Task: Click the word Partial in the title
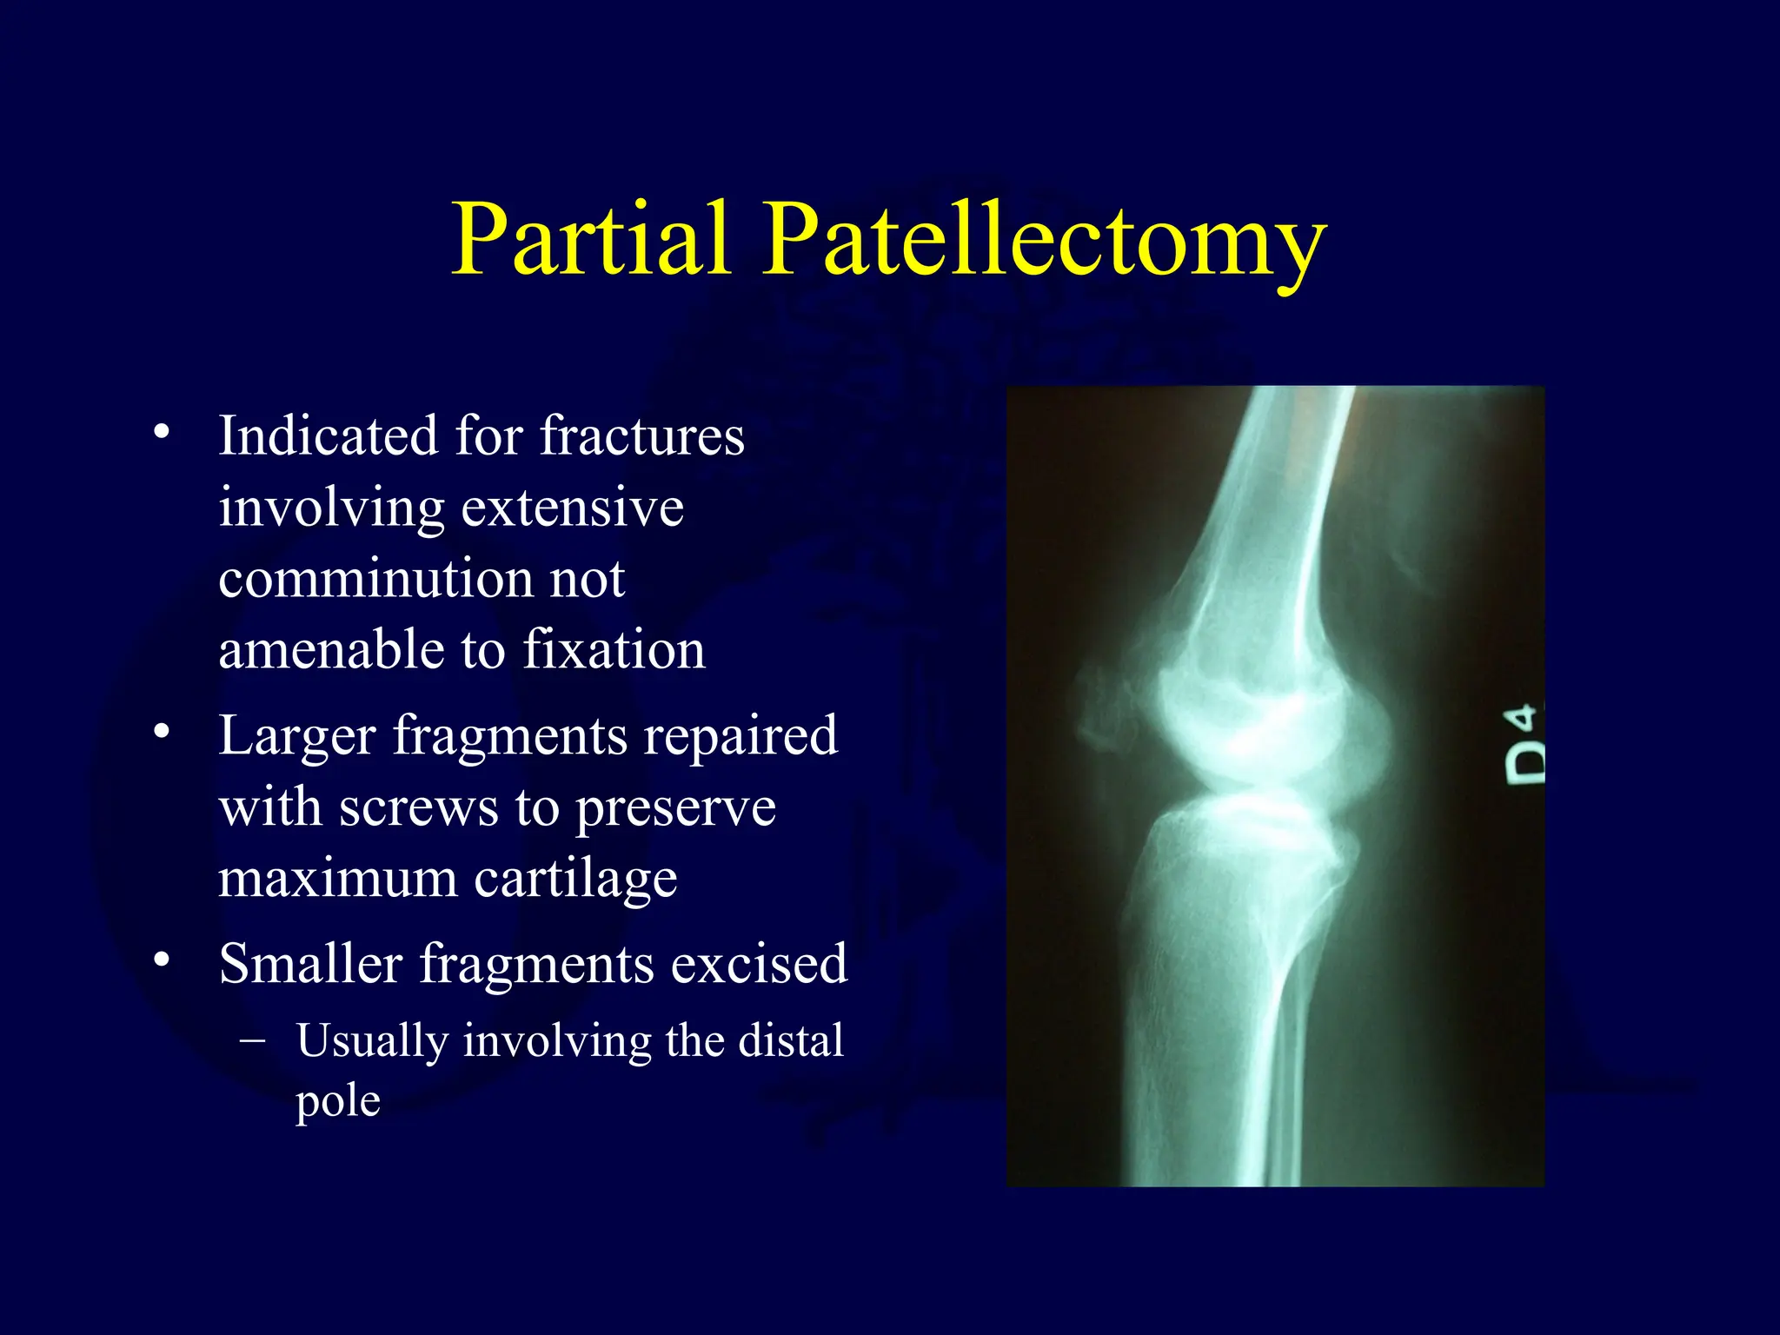590,239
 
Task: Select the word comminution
374,579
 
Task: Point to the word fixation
614,649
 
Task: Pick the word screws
418,808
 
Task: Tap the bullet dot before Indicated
161,432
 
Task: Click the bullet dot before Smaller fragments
161,960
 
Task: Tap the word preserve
675,808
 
